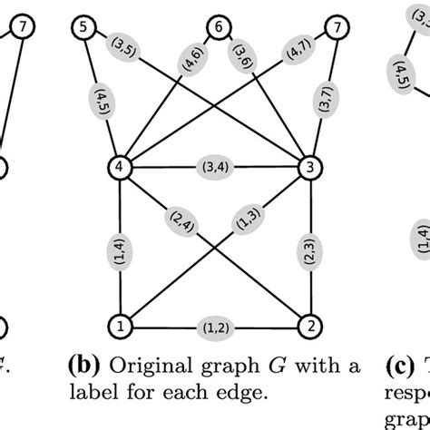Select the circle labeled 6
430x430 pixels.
(216, 28)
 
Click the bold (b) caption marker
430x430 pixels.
(83, 366)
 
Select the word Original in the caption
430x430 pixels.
(141, 366)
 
